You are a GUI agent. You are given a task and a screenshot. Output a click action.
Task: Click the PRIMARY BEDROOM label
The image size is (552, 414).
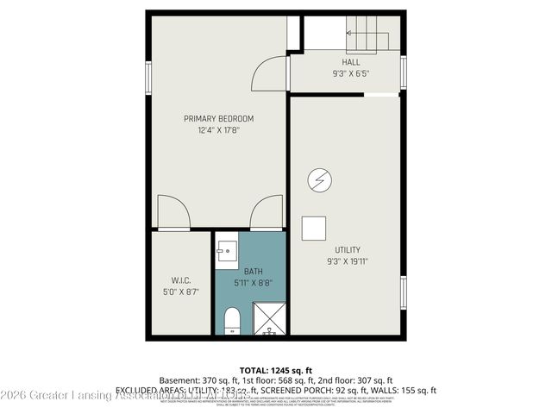click(218, 118)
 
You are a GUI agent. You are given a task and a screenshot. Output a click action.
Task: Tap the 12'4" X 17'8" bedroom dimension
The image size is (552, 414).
click(218, 130)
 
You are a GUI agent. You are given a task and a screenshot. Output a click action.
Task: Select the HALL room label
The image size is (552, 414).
click(350, 62)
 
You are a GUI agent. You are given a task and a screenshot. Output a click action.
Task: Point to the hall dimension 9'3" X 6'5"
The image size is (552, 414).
click(350, 74)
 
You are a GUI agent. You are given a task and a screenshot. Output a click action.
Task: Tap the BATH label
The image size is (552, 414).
click(253, 270)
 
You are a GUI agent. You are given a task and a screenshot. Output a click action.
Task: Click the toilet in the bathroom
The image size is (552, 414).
click(231, 322)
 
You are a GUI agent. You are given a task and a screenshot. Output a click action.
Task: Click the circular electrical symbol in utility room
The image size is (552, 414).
click(319, 179)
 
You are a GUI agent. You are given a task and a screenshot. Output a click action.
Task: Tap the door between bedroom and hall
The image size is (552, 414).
click(269, 73)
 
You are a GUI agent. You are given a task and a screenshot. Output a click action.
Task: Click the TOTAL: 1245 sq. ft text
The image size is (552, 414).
click(275, 369)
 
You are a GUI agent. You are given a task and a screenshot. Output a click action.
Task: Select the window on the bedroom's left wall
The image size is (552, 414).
click(147, 78)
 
